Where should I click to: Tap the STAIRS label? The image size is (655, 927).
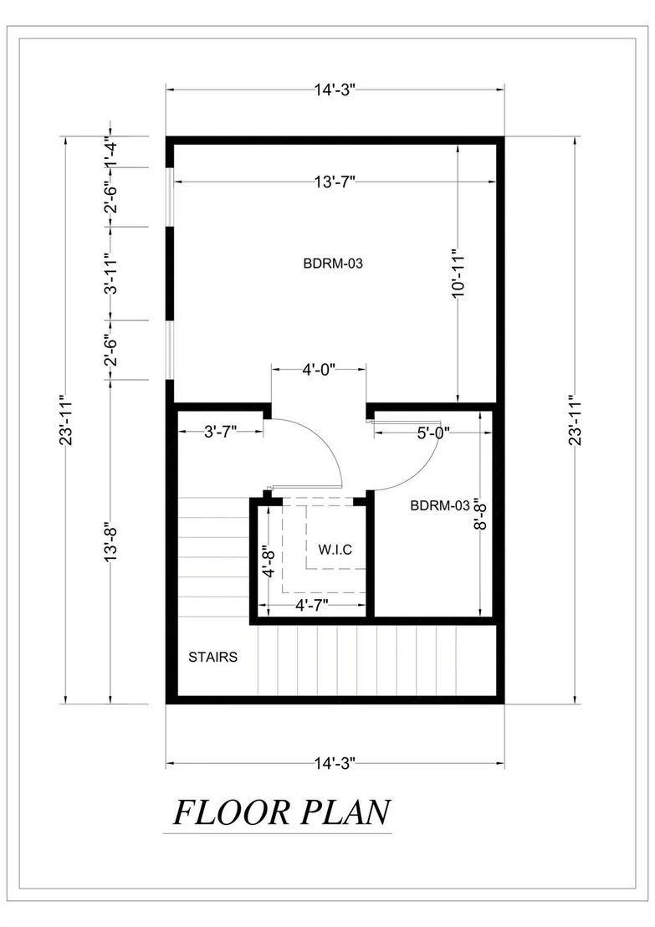[212, 657]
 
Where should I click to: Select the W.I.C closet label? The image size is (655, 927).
[335, 550]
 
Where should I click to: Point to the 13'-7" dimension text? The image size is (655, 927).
[335, 182]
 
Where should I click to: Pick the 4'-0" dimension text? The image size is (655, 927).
[319, 370]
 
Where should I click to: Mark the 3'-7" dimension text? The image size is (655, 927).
[221, 432]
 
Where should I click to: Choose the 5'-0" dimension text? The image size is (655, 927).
[433, 433]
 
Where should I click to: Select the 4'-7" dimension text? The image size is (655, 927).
[311, 605]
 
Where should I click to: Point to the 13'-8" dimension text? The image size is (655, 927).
[111, 541]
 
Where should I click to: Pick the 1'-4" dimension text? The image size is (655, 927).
[111, 151]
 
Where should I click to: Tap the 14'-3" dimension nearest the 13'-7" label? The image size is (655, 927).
[335, 90]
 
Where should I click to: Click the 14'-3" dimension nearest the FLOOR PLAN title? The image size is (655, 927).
[335, 763]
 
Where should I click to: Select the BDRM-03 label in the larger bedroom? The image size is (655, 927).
[333, 263]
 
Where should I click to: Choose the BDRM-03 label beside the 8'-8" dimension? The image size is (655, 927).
[440, 505]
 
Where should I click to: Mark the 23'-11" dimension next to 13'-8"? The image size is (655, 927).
[65, 420]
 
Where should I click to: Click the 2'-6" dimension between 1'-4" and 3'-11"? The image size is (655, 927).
[111, 197]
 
